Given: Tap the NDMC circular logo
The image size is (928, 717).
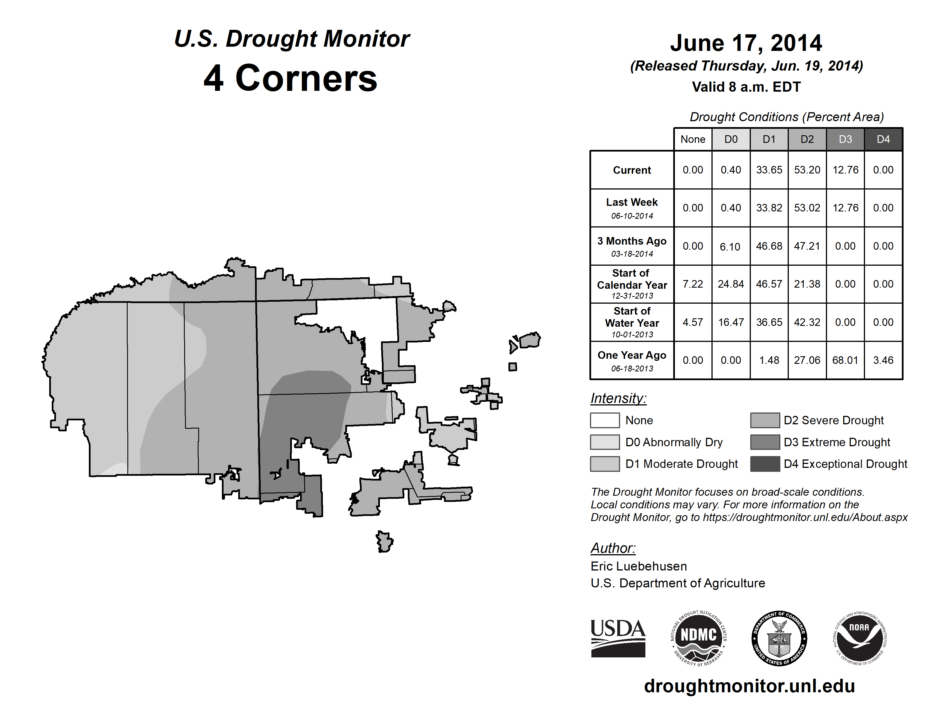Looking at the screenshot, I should coord(699,639).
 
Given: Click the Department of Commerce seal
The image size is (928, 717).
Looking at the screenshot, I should coord(779,639).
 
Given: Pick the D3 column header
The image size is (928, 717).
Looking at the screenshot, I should coord(845,139).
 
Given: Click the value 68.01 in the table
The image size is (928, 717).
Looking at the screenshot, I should coord(845,360).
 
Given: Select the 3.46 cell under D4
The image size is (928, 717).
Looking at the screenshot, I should coord(883,360).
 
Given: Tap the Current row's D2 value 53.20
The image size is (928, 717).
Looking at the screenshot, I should coord(807,170).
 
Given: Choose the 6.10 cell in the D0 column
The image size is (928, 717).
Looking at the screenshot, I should coord(730,246).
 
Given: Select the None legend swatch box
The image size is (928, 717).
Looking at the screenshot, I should coord(605,420).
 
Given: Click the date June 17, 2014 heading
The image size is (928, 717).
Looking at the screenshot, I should coord(746,43).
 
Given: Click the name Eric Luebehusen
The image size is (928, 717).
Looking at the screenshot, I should coord(638,566).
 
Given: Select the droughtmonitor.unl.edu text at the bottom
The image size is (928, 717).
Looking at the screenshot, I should coord(749,686).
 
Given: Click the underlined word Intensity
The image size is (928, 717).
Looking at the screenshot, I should coord(618,398).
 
